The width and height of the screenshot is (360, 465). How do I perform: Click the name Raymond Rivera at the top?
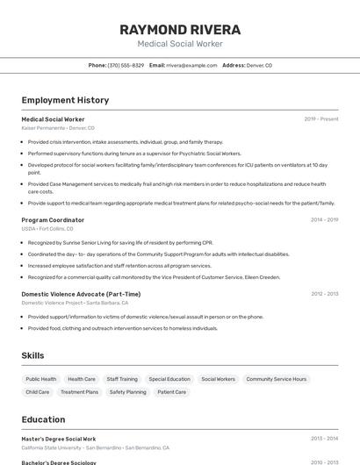180,29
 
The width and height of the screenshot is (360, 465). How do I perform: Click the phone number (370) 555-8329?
126,66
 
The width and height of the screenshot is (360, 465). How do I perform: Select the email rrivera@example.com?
191,66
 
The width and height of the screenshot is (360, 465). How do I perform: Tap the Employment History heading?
65,101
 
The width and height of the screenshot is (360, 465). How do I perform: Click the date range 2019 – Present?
321,119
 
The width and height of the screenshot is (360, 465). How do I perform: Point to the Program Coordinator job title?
53,220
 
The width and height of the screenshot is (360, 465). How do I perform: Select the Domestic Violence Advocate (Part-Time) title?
81,294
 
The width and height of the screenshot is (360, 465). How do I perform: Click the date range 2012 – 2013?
324,294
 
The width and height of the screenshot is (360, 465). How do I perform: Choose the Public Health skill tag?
41,379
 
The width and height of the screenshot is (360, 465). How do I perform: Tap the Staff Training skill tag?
122,379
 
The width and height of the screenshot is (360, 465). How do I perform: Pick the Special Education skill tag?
169,379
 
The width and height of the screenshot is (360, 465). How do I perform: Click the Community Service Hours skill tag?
277,379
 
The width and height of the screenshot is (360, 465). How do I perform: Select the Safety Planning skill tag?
128,392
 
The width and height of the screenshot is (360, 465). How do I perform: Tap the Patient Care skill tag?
172,392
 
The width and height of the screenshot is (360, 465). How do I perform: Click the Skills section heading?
33,355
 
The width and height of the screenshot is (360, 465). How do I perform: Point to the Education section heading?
43,419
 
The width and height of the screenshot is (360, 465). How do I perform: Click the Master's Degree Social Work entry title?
59,439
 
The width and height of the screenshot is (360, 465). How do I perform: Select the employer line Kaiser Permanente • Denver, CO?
58,128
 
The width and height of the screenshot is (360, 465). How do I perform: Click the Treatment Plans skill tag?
80,392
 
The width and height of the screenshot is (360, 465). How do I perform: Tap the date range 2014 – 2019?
324,220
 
